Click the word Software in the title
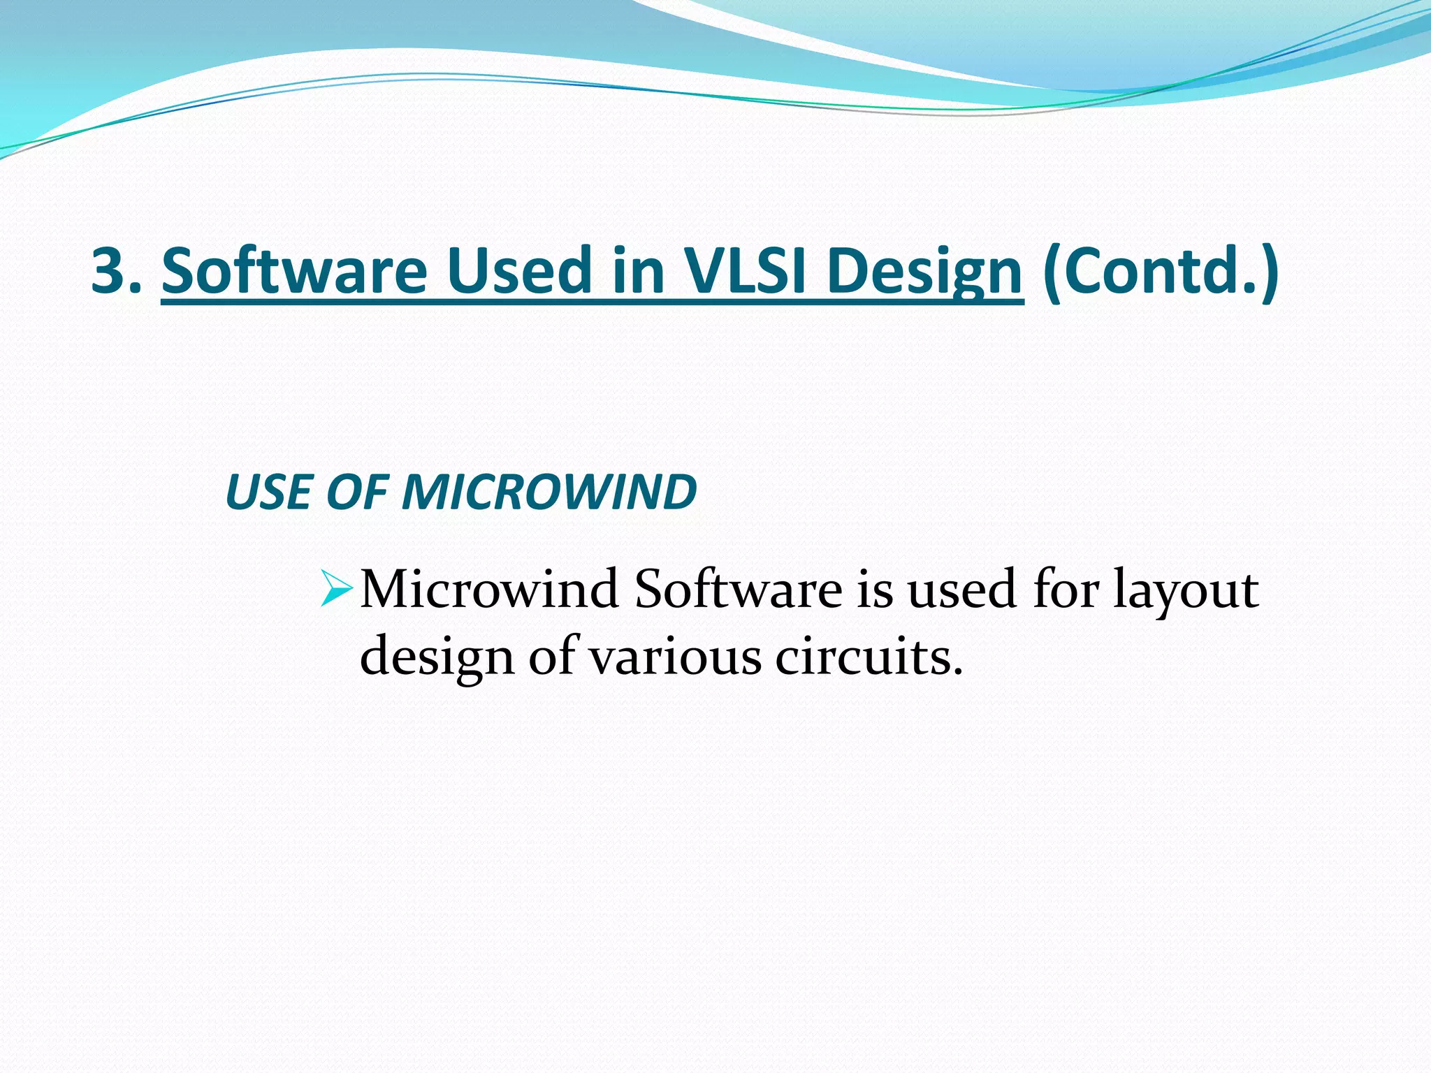(294, 271)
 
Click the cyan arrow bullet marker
(337, 588)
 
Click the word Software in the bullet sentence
(738, 590)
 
